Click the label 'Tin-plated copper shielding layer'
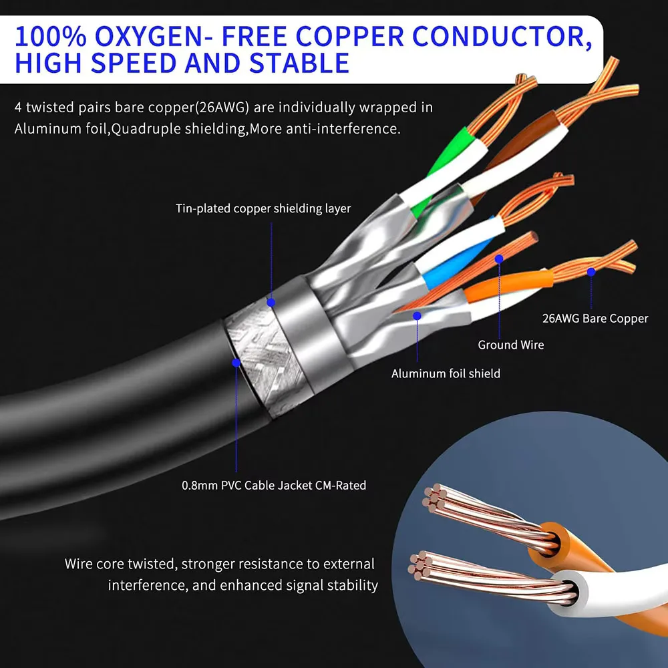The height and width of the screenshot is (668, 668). click(x=263, y=208)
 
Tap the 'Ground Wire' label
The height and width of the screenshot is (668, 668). click(x=510, y=345)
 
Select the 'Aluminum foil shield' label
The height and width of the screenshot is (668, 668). click(x=446, y=373)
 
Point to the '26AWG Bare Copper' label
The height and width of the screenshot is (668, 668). click(x=595, y=319)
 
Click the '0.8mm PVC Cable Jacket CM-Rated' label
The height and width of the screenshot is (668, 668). click(x=274, y=486)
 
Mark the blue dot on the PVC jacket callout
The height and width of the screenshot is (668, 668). click(x=236, y=363)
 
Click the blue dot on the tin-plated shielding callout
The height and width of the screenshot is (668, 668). click(x=271, y=302)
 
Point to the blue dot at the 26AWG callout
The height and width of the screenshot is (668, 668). click(x=591, y=272)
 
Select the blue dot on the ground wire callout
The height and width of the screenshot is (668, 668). click(x=498, y=258)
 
